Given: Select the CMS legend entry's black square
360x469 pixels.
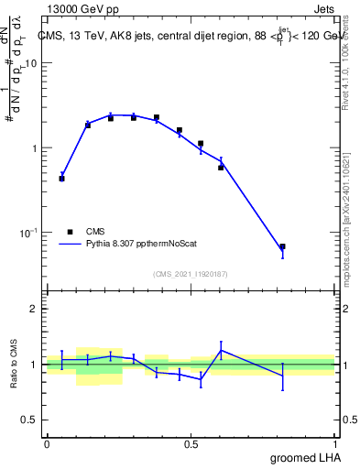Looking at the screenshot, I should point(71,233).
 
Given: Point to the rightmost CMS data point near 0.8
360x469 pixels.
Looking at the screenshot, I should point(282,246).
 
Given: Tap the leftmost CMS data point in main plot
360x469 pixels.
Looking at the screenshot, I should point(61,179).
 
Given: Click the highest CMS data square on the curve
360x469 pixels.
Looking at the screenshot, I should point(157,117).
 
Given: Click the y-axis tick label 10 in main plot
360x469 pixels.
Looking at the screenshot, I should point(30,63).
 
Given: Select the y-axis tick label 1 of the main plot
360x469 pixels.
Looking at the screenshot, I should point(34,148).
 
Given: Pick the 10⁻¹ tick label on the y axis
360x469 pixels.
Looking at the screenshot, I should point(27,234).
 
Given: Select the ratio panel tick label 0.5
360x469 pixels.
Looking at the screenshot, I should point(28,420).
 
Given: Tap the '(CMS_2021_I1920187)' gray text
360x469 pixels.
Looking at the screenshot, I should point(191,272).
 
